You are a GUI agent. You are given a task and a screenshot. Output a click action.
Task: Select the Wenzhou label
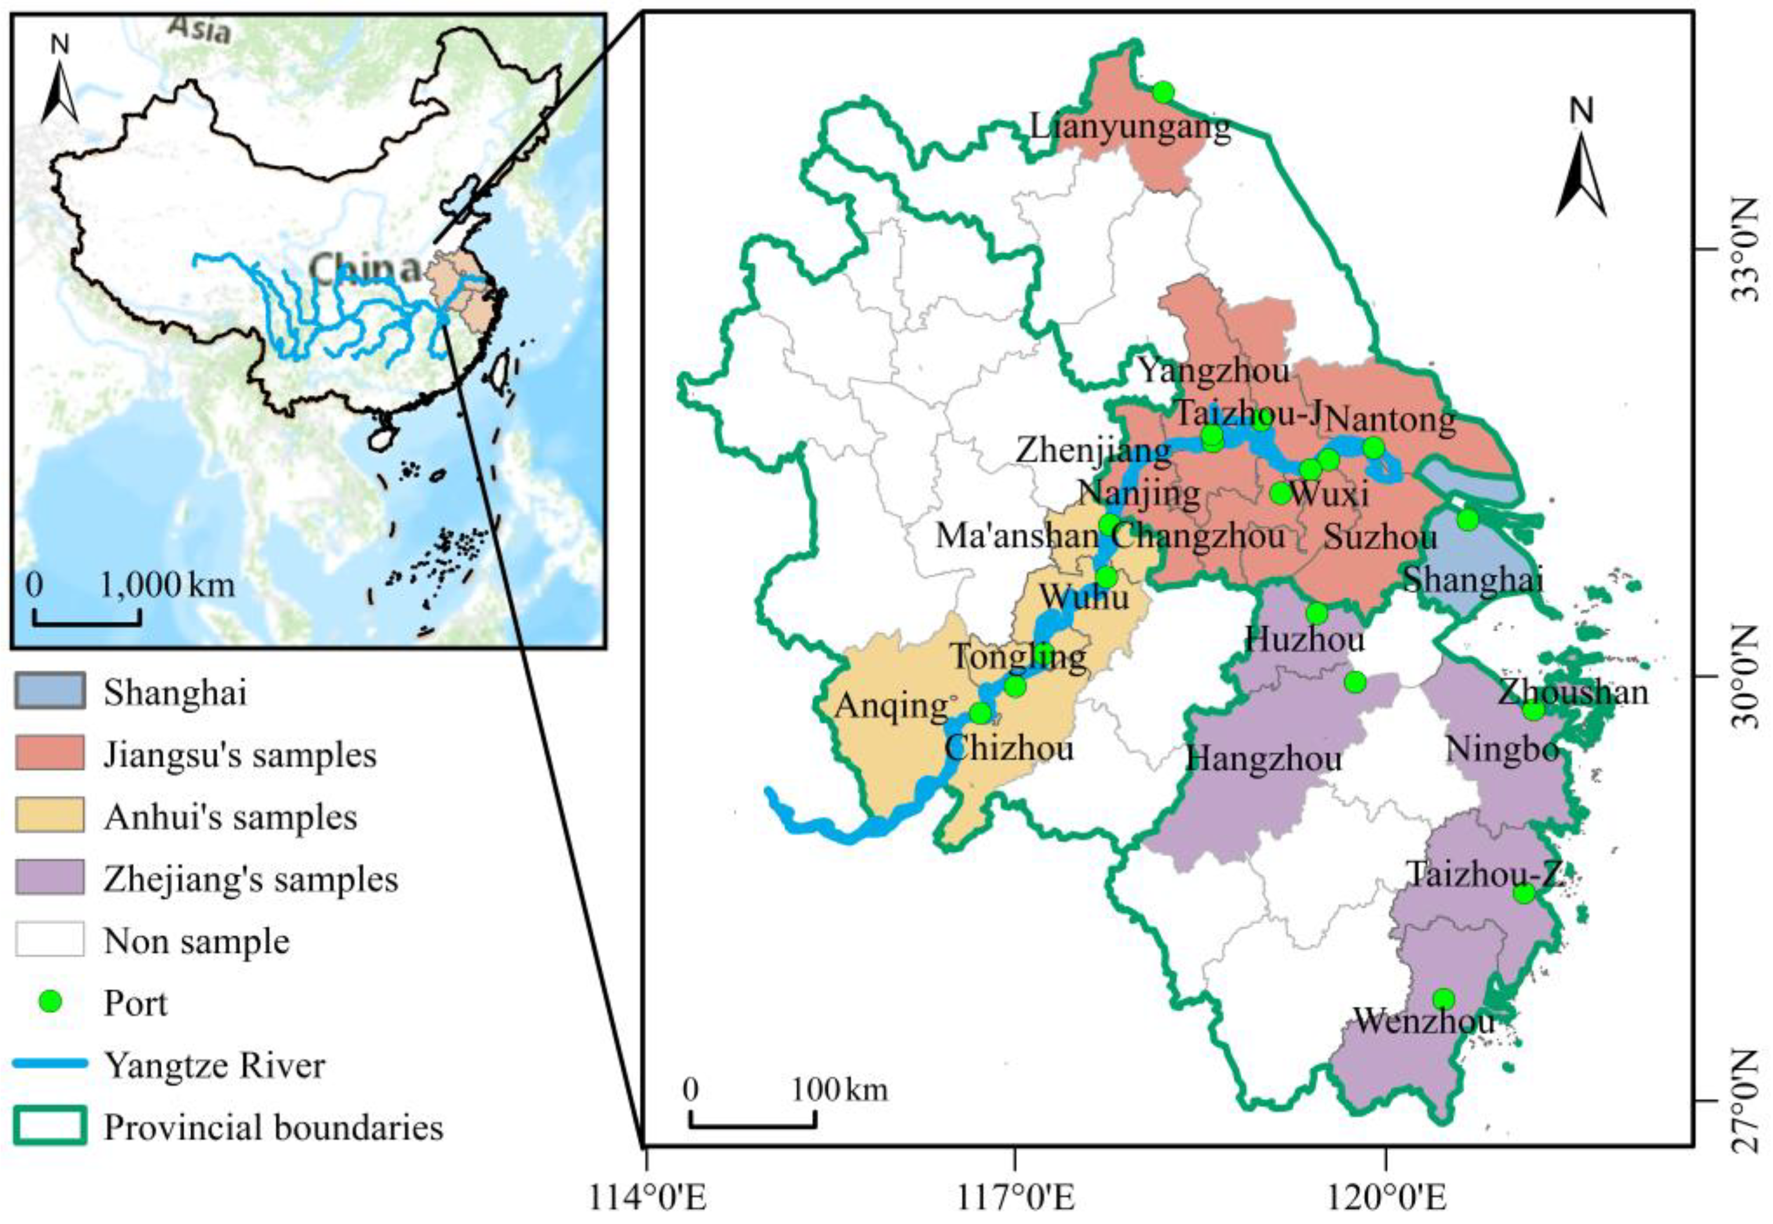[x=1424, y=1020]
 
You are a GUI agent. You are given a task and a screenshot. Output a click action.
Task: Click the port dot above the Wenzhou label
[x=1443, y=998]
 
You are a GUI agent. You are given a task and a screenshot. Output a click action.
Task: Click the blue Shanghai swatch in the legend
[x=49, y=692]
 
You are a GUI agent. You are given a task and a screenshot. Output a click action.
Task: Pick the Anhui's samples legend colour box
[x=49, y=816]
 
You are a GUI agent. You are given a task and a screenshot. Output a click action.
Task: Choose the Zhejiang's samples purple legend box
[x=49, y=878]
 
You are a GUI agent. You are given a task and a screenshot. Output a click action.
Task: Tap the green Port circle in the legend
[x=50, y=1001]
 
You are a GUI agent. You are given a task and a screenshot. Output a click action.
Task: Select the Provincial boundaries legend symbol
[x=49, y=1126]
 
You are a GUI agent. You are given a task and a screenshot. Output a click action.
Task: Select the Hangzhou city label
[x=1264, y=759]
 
